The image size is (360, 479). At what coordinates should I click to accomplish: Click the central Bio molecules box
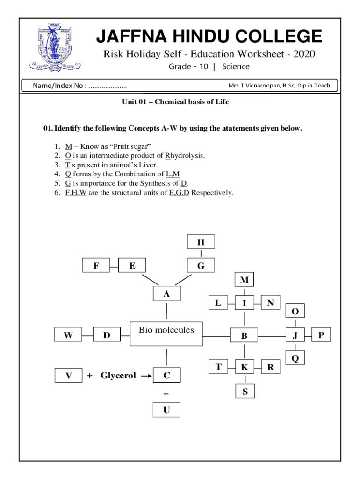(x=166, y=333)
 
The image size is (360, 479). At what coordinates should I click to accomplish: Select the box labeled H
(x=201, y=242)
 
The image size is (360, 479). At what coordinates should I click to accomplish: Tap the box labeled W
(x=68, y=335)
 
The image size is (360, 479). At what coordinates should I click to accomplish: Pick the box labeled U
(x=166, y=410)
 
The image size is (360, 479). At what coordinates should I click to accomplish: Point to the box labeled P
(x=321, y=335)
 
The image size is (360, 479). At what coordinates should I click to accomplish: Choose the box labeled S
(x=245, y=391)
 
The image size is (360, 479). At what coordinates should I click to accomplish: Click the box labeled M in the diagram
(x=244, y=280)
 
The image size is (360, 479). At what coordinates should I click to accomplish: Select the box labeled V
(x=69, y=375)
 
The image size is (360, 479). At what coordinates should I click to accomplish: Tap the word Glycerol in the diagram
(x=118, y=375)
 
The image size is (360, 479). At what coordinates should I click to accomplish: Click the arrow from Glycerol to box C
(x=146, y=375)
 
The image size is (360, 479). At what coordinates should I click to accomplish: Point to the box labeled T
(x=218, y=367)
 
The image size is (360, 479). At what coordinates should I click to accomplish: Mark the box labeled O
(x=295, y=311)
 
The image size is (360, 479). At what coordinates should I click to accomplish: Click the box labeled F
(x=96, y=266)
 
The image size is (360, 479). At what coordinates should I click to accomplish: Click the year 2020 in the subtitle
(x=302, y=54)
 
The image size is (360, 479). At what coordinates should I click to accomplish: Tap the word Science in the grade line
(x=236, y=66)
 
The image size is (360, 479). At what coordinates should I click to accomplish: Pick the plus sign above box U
(x=166, y=394)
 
